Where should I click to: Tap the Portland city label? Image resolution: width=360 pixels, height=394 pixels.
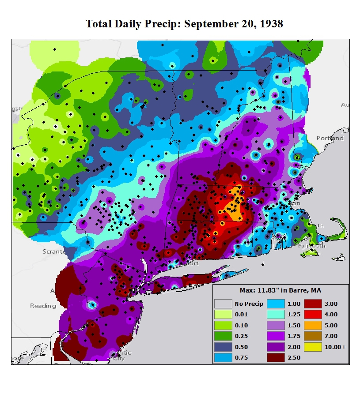[330, 138]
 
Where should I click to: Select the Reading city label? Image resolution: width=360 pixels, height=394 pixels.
[43, 306]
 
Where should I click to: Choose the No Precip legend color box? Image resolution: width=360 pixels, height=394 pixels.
[223, 304]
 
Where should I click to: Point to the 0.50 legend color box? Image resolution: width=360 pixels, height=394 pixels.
[223, 347]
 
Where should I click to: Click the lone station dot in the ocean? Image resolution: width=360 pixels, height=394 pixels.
[263, 265]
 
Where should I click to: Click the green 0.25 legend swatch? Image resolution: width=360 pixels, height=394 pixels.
[223, 336]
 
